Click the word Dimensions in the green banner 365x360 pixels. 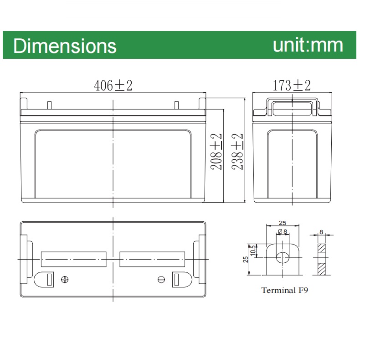pyautogui.click(x=65, y=46)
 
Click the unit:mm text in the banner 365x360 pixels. pyautogui.click(x=308, y=45)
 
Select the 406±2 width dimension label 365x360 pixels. pyautogui.click(x=113, y=85)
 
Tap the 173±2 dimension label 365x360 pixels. pyautogui.click(x=292, y=85)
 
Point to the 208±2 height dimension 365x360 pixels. pyautogui.click(x=216, y=151)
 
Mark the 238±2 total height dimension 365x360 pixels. pyautogui.click(x=237, y=151)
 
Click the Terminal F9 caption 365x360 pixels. pyautogui.click(x=284, y=290)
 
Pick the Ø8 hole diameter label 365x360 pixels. pyautogui.click(x=283, y=232)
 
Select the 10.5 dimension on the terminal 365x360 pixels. pyautogui.click(x=253, y=250)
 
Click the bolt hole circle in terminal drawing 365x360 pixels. pyautogui.click(x=283, y=257)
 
